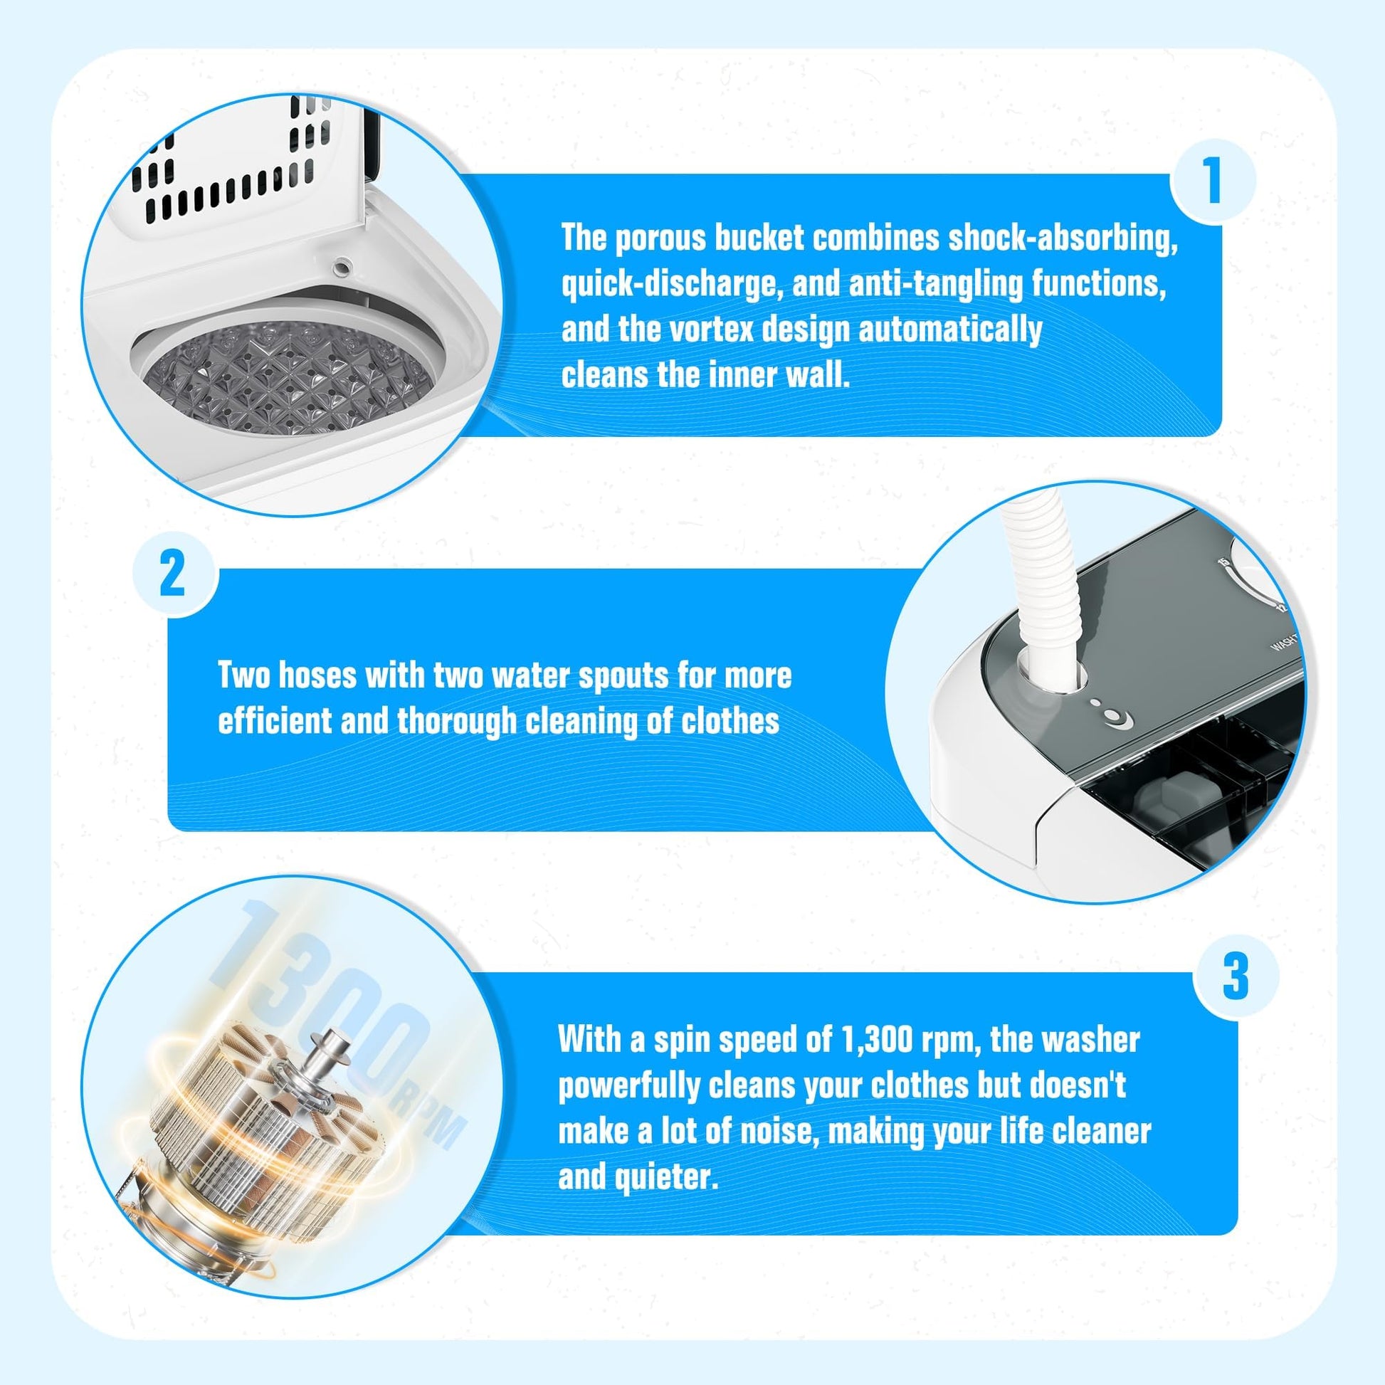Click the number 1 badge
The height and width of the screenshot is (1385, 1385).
click(x=1212, y=181)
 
